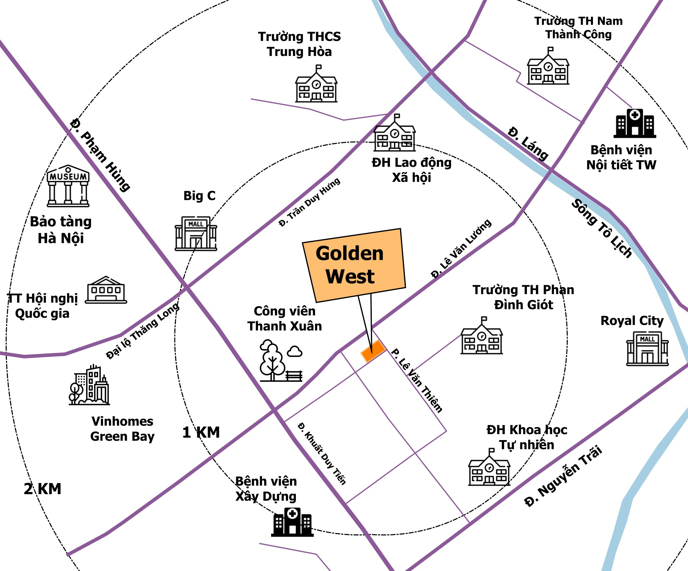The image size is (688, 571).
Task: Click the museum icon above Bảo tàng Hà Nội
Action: tap(68, 186)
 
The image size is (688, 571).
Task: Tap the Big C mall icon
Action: tap(196, 233)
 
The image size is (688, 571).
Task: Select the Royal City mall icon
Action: tap(647, 348)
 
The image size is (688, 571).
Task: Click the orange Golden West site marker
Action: tap(373, 351)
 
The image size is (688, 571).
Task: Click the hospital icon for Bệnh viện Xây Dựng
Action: tap(292, 522)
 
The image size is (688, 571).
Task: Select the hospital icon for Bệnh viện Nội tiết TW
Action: tap(635, 123)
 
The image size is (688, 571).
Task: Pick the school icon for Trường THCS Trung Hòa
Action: tap(316, 84)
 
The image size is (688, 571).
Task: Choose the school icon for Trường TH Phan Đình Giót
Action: tap(482, 336)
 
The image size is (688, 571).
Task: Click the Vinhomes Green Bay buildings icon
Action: tap(89, 385)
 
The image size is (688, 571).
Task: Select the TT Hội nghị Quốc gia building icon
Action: tap(106, 290)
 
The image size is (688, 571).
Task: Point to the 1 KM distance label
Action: tap(201, 432)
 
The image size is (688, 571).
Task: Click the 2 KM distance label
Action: tap(43, 489)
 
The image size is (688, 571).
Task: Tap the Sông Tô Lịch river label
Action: tap(602, 229)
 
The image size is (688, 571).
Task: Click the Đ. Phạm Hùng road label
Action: tap(100, 155)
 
